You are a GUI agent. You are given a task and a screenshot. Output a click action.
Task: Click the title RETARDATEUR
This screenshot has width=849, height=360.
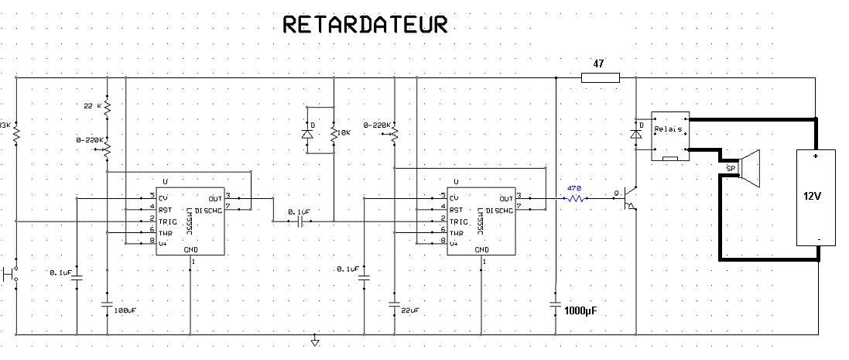pyautogui.click(x=365, y=25)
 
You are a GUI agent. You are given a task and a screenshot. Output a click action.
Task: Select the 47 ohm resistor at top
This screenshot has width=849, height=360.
pyautogui.click(x=600, y=77)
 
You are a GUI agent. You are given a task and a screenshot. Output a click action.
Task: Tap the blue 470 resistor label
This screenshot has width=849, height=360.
pyautogui.click(x=573, y=188)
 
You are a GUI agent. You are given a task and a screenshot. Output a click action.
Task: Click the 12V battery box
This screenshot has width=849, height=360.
pyautogui.click(x=817, y=197)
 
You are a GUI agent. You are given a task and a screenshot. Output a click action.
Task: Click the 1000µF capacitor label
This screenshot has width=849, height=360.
pyautogui.click(x=580, y=311)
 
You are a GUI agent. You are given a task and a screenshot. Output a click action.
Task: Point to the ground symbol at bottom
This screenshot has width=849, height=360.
pyautogui.click(x=315, y=341)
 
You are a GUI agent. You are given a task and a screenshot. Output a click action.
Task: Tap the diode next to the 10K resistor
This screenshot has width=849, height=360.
pyautogui.click(x=307, y=134)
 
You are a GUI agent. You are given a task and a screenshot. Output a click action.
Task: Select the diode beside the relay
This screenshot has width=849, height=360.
pyautogui.click(x=635, y=134)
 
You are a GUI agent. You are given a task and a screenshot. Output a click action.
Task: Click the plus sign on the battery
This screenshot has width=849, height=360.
pyautogui.click(x=817, y=156)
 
